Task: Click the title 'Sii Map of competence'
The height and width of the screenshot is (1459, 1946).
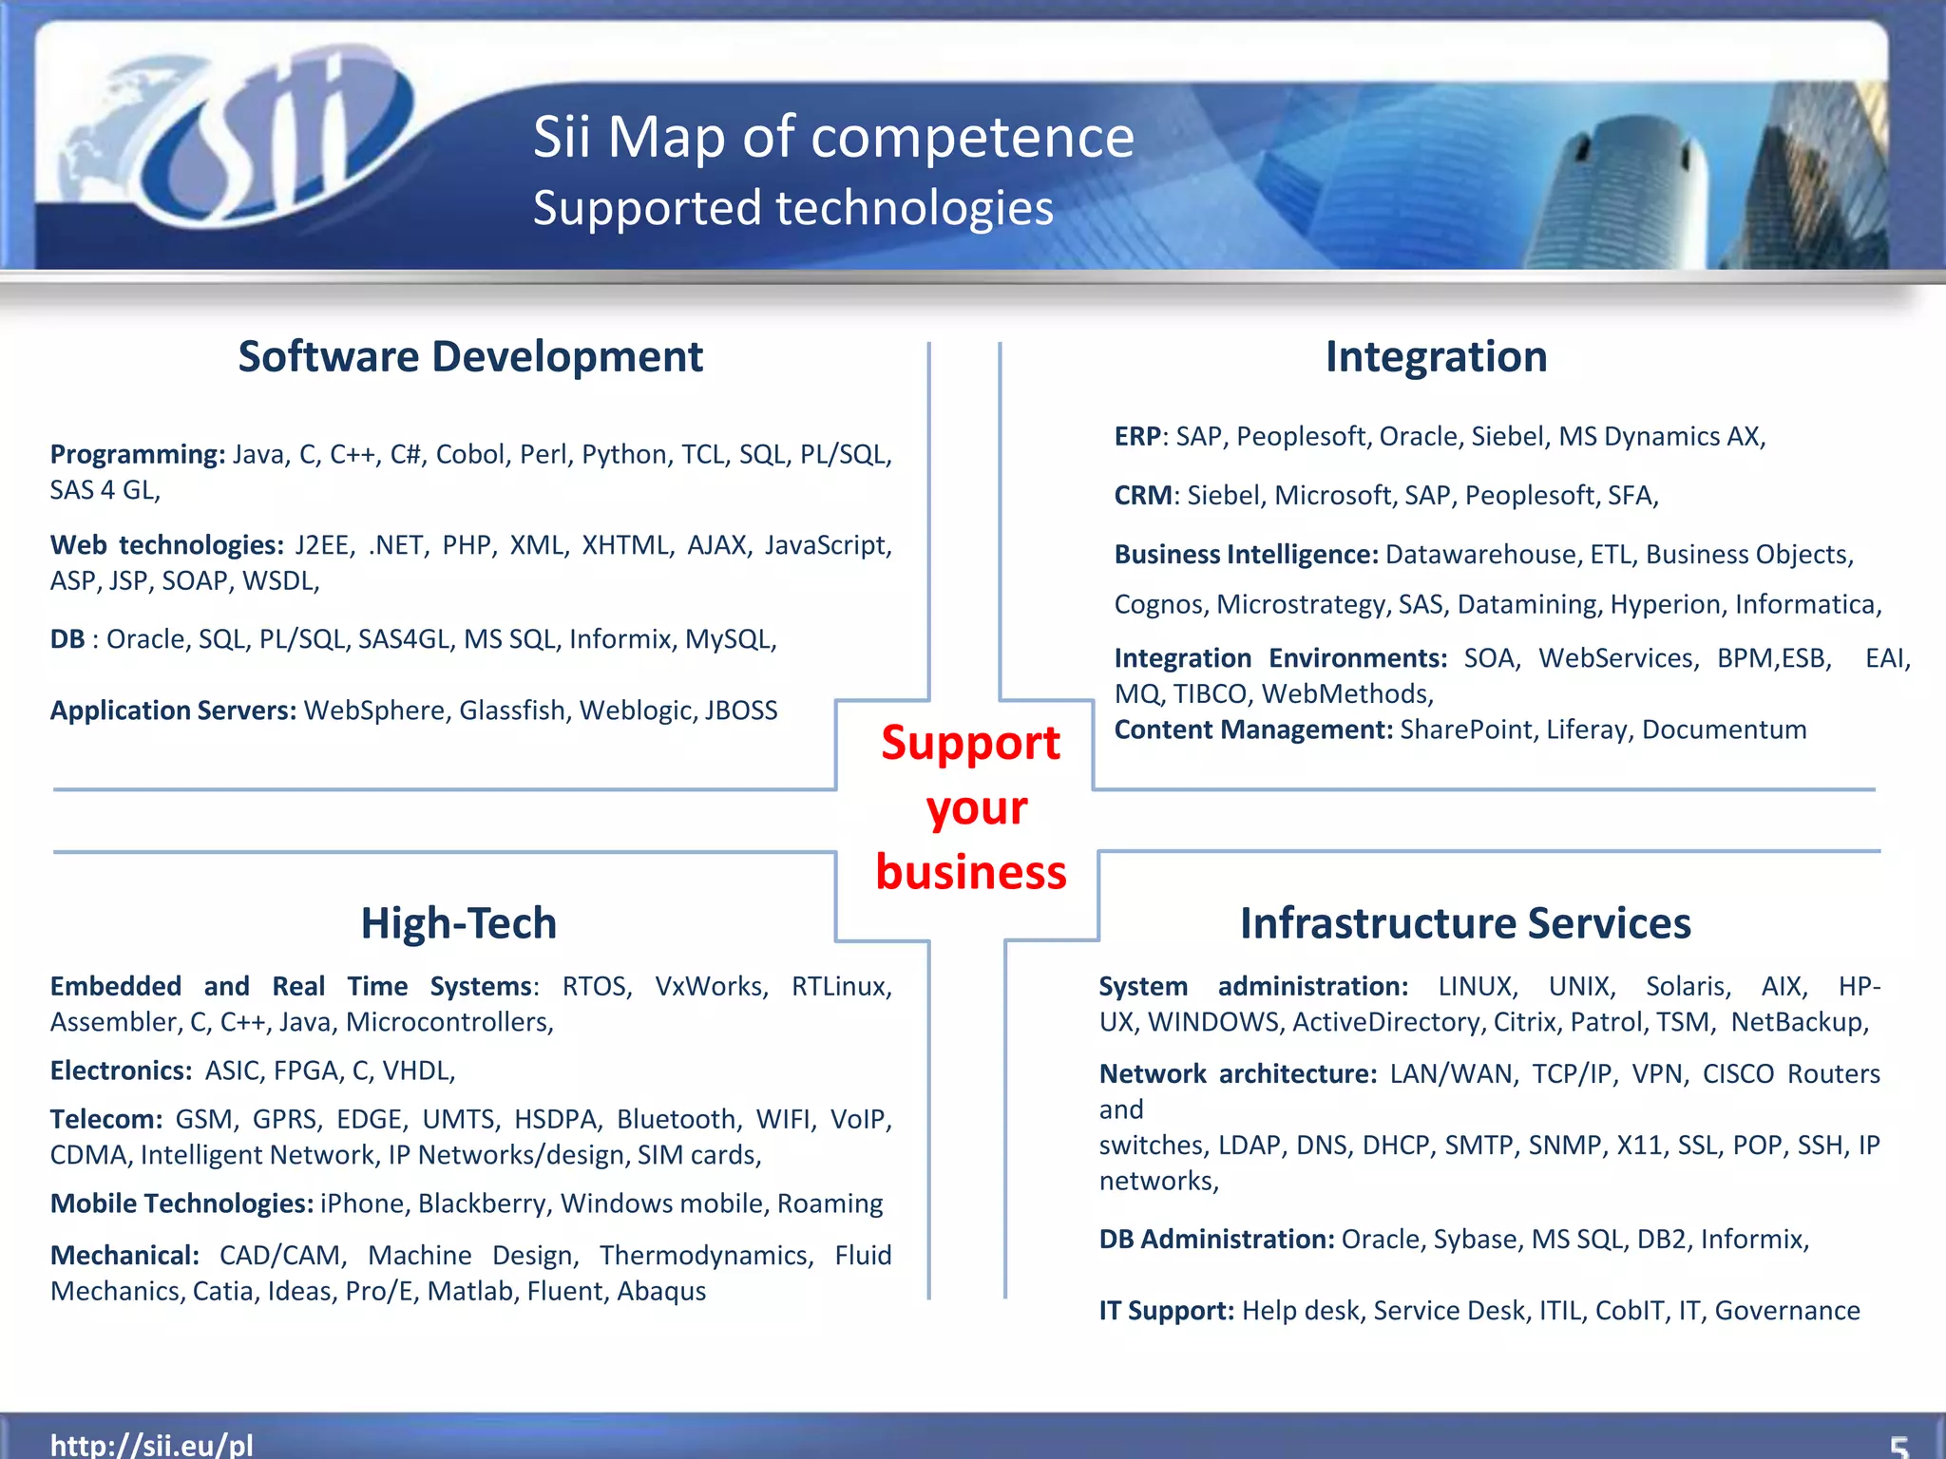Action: pyautogui.click(x=833, y=137)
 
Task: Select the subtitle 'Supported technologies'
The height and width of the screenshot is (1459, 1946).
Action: pyautogui.click(x=792, y=208)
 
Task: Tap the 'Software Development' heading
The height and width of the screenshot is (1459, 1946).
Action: pyautogui.click(x=470, y=357)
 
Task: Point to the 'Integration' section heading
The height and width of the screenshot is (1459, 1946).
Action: pyautogui.click(x=1436, y=357)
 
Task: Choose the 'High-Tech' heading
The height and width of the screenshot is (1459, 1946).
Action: pyautogui.click(x=459, y=923)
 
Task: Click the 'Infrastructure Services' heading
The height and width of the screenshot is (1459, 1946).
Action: pyautogui.click(x=1465, y=923)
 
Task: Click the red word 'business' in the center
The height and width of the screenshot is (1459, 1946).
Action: pyautogui.click(x=971, y=872)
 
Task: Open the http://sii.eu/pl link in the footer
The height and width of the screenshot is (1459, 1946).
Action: pyautogui.click(x=152, y=1445)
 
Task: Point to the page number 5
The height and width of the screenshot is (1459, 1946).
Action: pyautogui.click(x=1898, y=1447)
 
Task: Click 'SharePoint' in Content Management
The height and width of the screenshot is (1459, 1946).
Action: pyautogui.click(x=1466, y=729)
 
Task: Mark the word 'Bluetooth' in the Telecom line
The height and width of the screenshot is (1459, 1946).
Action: pyautogui.click(x=676, y=1119)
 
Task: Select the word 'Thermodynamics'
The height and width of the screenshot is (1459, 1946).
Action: pyautogui.click(x=706, y=1256)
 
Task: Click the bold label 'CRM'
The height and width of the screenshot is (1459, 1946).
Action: pyautogui.click(x=1143, y=496)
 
